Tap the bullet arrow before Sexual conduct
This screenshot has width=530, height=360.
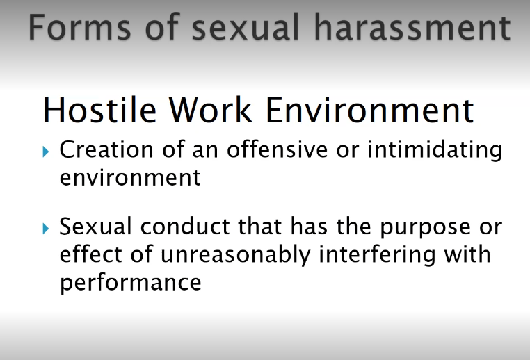point(47,228)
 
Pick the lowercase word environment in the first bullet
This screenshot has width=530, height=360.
point(130,177)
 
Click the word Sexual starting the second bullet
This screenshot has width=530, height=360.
point(95,227)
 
